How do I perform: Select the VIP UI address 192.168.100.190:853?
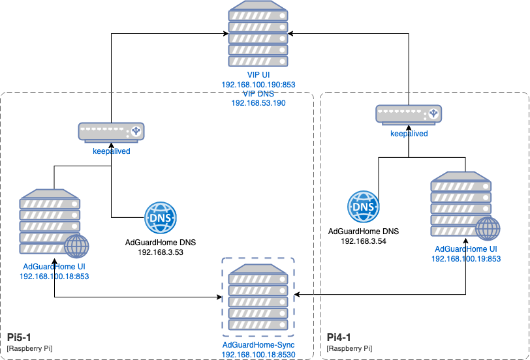pyautogui.click(x=258, y=85)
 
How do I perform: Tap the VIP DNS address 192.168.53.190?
pyautogui.click(x=258, y=103)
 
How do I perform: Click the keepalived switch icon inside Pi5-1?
pyautogui.click(x=111, y=132)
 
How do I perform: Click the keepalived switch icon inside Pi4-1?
pyautogui.click(x=409, y=115)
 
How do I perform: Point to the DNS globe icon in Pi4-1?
pyautogui.click(x=364, y=207)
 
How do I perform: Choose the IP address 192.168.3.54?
pyautogui.click(x=364, y=241)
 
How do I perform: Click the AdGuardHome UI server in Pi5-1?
pyautogui.click(x=50, y=222)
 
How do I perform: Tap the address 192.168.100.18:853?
pyautogui.click(x=54, y=276)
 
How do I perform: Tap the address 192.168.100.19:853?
pyautogui.click(x=466, y=259)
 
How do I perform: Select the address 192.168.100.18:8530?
pyautogui.click(x=258, y=353)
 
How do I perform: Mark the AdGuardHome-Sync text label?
pyautogui.click(x=258, y=344)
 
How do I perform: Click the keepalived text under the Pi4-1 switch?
pyautogui.click(x=409, y=134)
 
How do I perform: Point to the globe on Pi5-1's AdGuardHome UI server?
pyautogui.click(x=76, y=247)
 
